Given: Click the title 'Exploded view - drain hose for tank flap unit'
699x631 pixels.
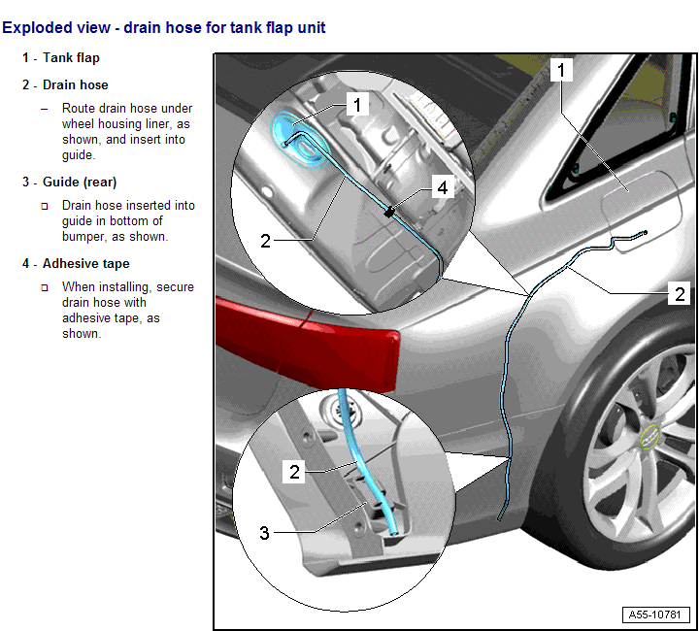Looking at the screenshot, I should click(x=163, y=27).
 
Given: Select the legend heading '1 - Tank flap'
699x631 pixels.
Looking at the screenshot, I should click(x=61, y=58).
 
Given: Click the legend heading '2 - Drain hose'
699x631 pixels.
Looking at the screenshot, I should click(x=65, y=85).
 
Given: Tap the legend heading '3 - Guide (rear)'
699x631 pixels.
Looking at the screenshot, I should click(x=70, y=183).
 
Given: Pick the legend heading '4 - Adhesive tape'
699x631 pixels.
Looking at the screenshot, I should click(x=76, y=264).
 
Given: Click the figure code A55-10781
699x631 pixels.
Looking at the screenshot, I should click(x=657, y=615).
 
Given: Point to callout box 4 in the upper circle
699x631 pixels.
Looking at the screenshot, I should click(x=443, y=187).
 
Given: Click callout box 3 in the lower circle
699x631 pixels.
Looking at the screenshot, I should click(x=264, y=532).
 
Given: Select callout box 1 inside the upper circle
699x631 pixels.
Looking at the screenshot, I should click(x=356, y=103).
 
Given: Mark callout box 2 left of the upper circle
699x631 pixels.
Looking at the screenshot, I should click(x=265, y=240).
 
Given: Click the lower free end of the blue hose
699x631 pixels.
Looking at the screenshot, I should click(x=499, y=519).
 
